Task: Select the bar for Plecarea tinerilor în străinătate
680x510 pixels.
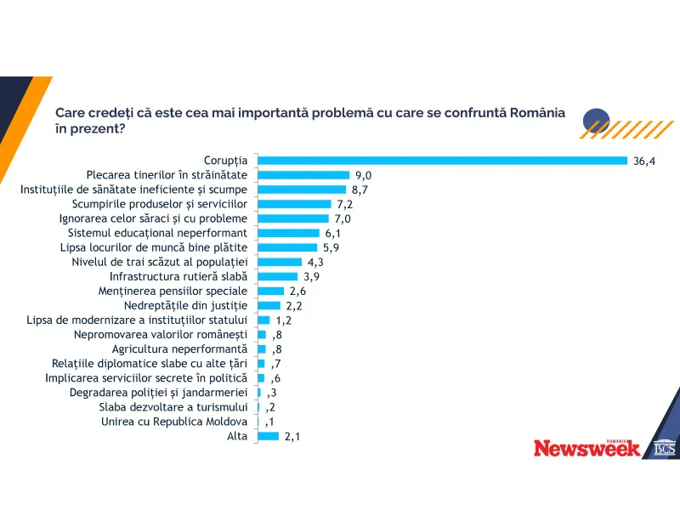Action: click(301, 175)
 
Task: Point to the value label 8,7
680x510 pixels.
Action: click(360, 190)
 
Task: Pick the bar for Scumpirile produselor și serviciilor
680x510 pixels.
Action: click(294, 204)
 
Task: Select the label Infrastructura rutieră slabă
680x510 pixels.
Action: click(178, 276)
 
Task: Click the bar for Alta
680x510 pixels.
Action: click(268, 436)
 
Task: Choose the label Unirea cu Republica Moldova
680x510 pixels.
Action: click(174, 422)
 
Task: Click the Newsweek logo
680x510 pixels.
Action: click(587, 448)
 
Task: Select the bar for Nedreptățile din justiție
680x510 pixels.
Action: click(269, 305)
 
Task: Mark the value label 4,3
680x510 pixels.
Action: click(317, 262)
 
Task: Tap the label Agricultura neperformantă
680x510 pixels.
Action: click(179, 348)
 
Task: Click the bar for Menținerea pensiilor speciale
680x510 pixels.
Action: click(270, 291)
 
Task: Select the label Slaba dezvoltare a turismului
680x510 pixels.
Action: click(173, 407)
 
